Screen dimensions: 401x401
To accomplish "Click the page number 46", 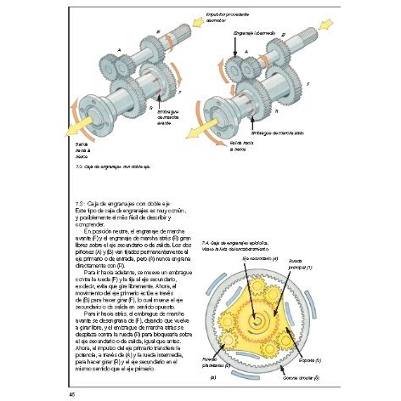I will (60, 392).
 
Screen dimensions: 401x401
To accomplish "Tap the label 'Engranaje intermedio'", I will (252, 30).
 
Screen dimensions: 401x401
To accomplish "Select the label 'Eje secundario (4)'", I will (261, 257).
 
